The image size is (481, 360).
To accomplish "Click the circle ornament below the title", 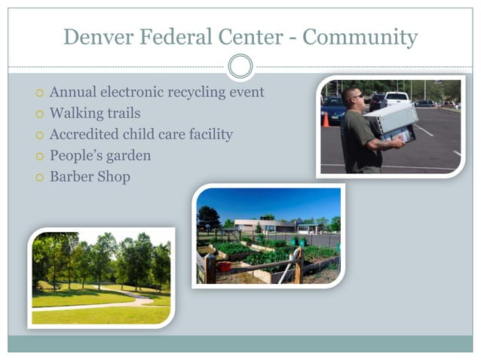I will (240, 66).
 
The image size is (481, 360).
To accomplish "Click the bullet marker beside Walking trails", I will (39, 114).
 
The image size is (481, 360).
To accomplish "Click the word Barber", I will (71, 177).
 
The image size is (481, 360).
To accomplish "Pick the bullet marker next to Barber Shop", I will (39, 178).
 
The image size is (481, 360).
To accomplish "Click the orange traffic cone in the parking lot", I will (326, 120).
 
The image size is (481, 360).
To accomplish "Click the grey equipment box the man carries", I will (391, 120).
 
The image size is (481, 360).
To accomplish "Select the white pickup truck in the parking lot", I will (397, 99).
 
